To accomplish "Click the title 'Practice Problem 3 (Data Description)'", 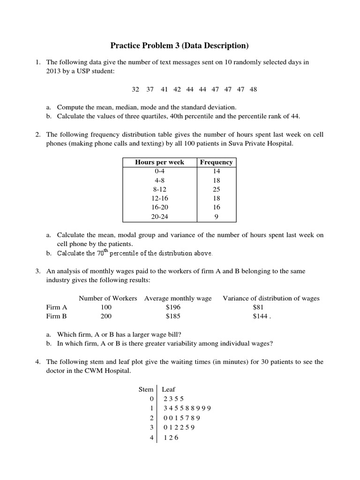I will click(x=180, y=45).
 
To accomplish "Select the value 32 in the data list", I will click(x=135, y=89).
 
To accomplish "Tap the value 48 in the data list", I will click(x=253, y=89).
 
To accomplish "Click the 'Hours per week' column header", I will click(x=159, y=162).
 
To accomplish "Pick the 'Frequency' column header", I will click(x=216, y=162).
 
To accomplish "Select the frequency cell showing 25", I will click(x=216, y=189).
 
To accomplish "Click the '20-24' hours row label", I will click(x=159, y=217).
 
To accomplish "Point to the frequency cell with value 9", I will click(x=216, y=217).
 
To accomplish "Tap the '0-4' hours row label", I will click(x=159, y=172).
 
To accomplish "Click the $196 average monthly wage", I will click(x=173, y=307).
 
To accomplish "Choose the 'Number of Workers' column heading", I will click(x=108, y=298).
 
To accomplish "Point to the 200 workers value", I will click(x=106, y=316).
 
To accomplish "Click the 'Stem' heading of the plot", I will click(x=146, y=390).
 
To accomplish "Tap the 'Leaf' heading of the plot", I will click(x=168, y=390).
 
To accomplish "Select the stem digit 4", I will click(x=151, y=437).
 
